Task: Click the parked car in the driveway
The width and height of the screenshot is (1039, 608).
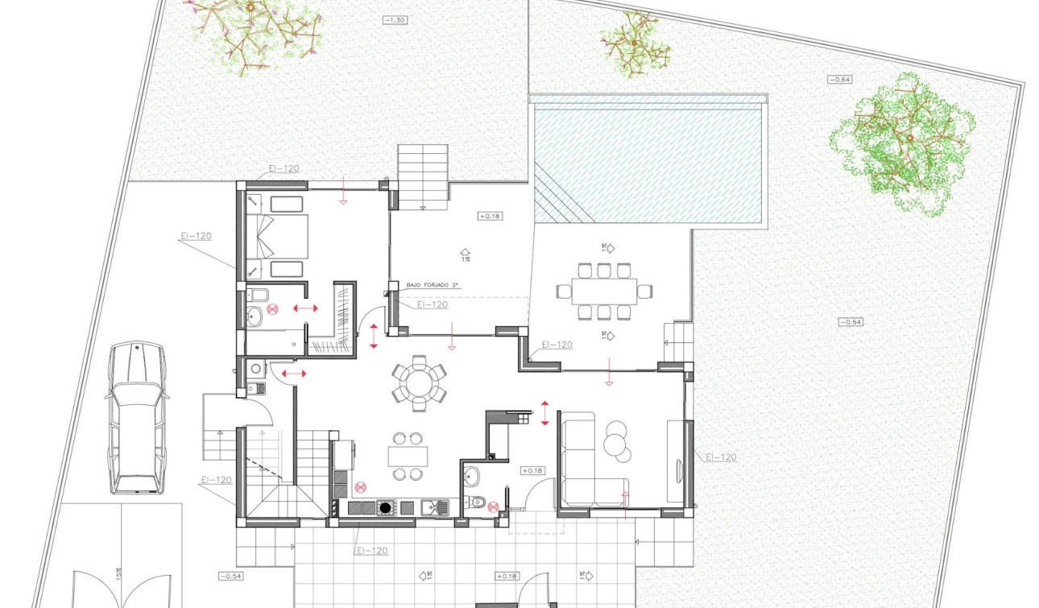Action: [x=137, y=417]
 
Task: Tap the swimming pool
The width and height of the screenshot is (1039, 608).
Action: [x=649, y=159]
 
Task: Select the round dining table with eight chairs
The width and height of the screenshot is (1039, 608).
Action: [x=418, y=382]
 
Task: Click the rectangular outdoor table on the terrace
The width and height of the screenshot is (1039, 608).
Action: [x=604, y=290]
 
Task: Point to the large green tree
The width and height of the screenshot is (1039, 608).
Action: [x=904, y=143]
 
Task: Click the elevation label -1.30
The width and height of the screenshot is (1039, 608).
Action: [x=395, y=19]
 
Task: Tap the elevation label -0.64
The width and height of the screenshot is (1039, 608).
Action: [x=839, y=79]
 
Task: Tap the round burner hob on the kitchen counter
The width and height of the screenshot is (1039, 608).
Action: [x=387, y=507]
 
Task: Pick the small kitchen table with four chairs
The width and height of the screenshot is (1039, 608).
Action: [x=407, y=457]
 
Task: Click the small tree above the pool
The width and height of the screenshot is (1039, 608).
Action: [x=635, y=43]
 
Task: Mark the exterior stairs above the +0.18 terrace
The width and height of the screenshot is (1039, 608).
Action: [x=423, y=176]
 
